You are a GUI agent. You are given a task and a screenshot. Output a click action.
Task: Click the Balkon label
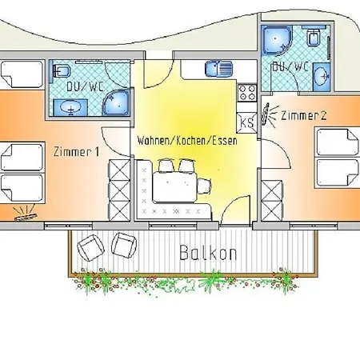tap(208, 253)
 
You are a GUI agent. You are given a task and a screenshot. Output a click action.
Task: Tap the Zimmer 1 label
tap(76, 152)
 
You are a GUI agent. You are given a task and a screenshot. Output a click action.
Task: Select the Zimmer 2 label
tap(304, 115)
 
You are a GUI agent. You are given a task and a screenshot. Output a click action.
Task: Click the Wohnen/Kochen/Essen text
tap(187, 141)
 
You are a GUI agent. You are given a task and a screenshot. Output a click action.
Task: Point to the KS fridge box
tap(247, 122)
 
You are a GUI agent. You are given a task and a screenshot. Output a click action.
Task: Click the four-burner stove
tap(247, 93)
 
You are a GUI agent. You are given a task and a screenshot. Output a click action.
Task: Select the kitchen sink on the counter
tap(218, 69)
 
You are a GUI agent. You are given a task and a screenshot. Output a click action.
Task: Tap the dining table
tap(174, 186)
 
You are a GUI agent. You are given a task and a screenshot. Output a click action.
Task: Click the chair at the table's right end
tap(204, 186)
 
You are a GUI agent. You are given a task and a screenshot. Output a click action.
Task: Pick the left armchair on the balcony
tap(90, 248)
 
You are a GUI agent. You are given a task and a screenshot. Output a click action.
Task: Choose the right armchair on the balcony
tap(124, 245)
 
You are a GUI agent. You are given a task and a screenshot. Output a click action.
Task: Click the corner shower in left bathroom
tap(116, 103)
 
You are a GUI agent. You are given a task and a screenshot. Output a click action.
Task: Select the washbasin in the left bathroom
tap(70, 108)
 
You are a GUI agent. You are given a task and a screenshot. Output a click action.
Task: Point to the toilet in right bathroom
tap(314, 36)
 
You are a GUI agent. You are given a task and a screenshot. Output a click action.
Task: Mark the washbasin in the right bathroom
tap(322, 77)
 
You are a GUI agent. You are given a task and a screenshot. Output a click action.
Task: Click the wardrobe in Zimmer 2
tap(272, 201)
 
